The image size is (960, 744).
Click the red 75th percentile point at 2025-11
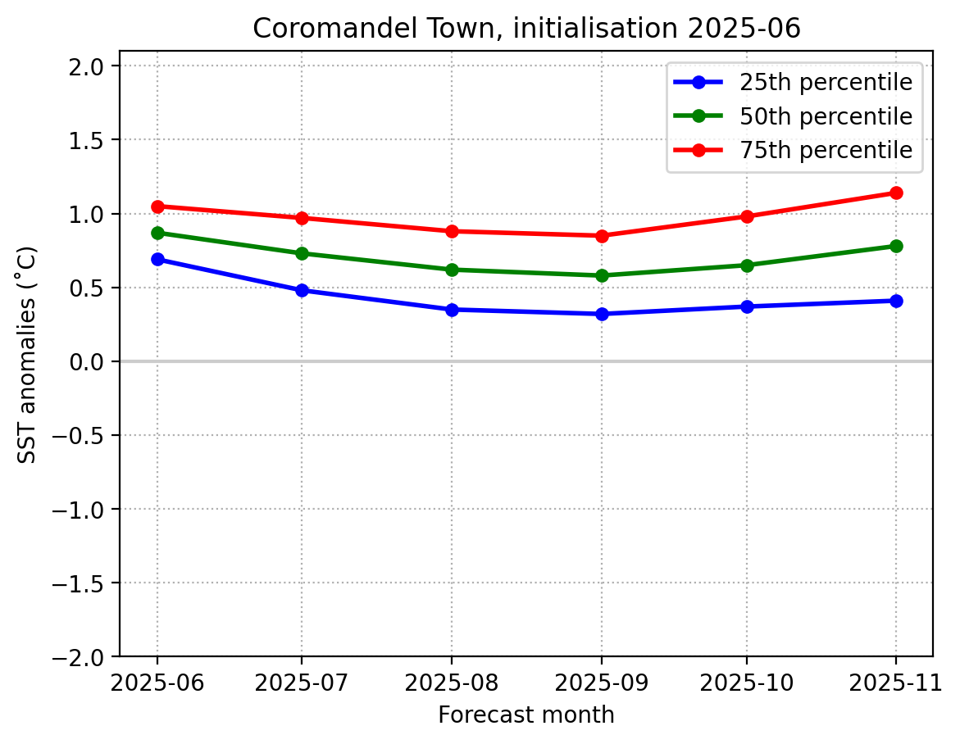click(x=895, y=193)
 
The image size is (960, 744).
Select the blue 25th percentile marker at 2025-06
click(x=157, y=259)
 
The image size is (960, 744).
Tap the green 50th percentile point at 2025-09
click(x=602, y=275)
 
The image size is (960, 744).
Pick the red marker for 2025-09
click(x=602, y=236)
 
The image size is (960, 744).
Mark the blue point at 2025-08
click(x=452, y=310)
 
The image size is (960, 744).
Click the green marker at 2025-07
click(x=302, y=253)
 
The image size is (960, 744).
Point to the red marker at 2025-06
click(x=157, y=206)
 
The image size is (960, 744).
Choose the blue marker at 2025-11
click(x=895, y=301)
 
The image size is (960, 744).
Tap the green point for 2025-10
click(x=747, y=265)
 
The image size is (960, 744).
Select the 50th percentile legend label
click(x=826, y=116)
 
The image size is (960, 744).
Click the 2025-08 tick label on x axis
click(x=452, y=682)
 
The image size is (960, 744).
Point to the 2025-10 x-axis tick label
click(x=747, y=682)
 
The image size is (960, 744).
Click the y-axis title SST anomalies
click(x=28, y=354)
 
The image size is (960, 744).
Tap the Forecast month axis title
click(x=525, y=715)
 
